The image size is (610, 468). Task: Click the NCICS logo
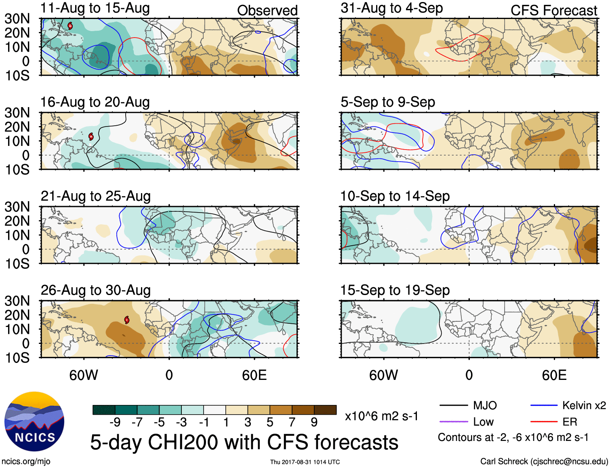[34, 422]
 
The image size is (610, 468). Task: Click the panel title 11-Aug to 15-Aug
[95, 8]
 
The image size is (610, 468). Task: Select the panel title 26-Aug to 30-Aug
[96, 290]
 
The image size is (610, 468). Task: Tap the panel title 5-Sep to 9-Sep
[388, 102]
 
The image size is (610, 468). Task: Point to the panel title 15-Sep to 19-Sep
[395, 290]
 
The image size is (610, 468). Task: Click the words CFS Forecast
[553, 11]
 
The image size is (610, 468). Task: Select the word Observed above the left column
[267, 11]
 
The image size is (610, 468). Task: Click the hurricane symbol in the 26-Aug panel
[127, 320]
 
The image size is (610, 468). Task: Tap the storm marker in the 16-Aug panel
[91, 137]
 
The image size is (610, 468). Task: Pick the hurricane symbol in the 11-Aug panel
[70, 26]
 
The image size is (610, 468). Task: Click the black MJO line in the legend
[453, 405]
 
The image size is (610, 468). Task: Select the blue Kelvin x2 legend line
[544, 405]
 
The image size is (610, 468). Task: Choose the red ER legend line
[544, 422]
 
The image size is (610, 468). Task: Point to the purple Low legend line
[453, 422]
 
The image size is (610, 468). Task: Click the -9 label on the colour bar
[115, 422]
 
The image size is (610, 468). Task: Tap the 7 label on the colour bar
[292, 422]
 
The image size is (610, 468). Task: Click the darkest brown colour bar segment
[325, 410]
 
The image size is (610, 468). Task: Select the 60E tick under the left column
[254, 375]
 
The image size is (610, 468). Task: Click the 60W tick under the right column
[383, 375]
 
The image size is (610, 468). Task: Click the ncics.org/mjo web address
[26, 462]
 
